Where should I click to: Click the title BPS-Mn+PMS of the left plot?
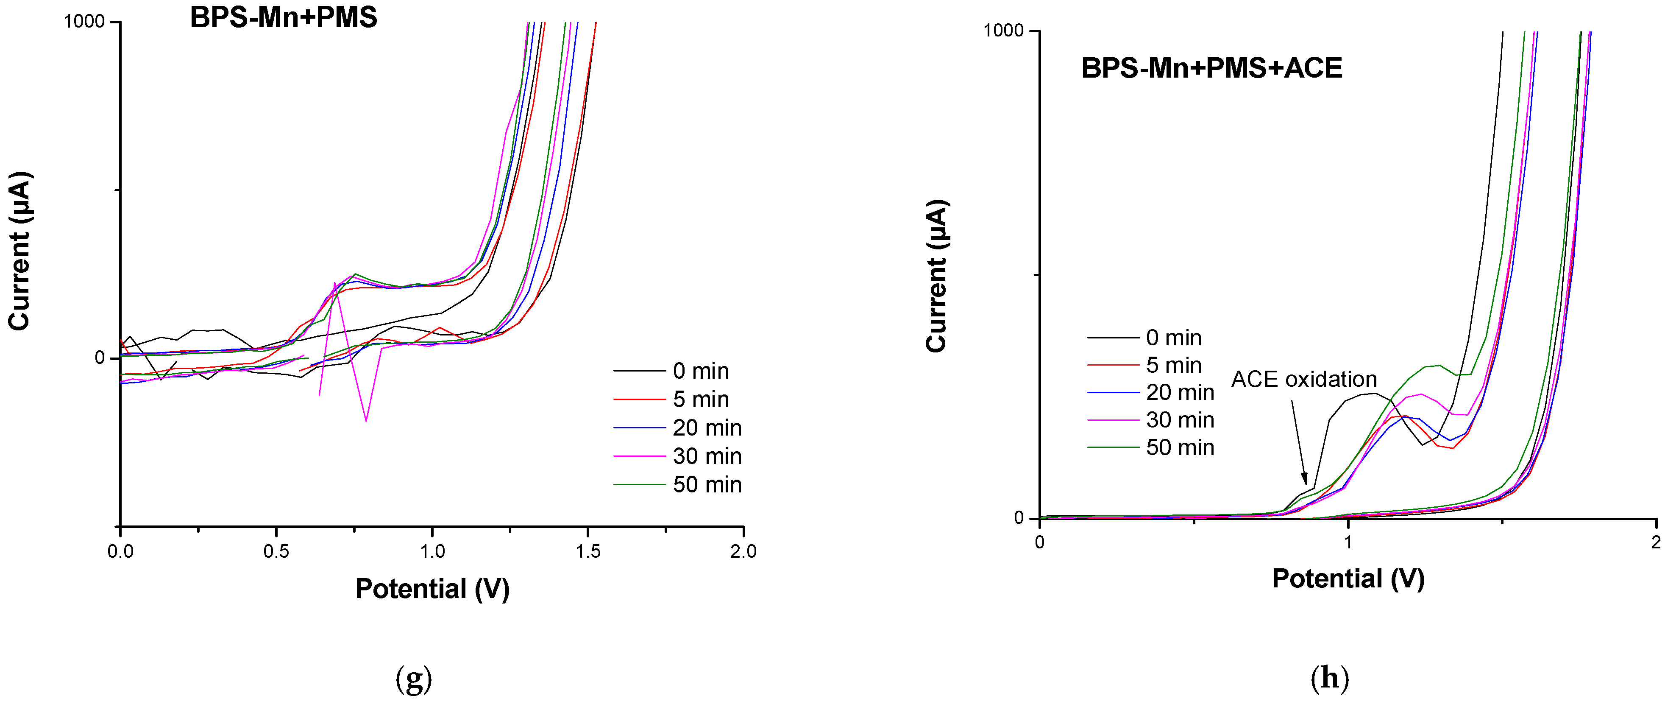[x=283, y=17]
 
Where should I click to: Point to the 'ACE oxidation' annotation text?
[x=1304, y=380]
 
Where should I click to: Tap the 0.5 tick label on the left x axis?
[x=276, y=552]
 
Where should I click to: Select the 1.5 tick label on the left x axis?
[x=587, y=552]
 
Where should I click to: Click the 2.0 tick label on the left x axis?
[x=743, y=552]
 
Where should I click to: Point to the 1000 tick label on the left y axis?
[x=84, y=22]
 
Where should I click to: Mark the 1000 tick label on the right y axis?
[x=1003, y=31]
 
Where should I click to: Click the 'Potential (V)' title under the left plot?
[x=432, y=589]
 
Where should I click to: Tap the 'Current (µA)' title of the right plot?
[x=937, y=276]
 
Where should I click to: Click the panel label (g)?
[x=414, y=679]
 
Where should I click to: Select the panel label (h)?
[x=1330, y=679]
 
